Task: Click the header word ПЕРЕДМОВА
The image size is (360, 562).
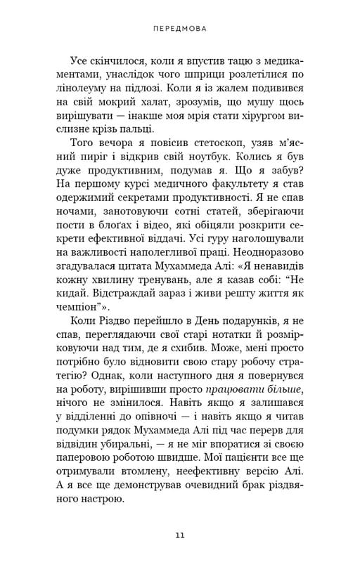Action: click(179, 31)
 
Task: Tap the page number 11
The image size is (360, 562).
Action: click(180, 536)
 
